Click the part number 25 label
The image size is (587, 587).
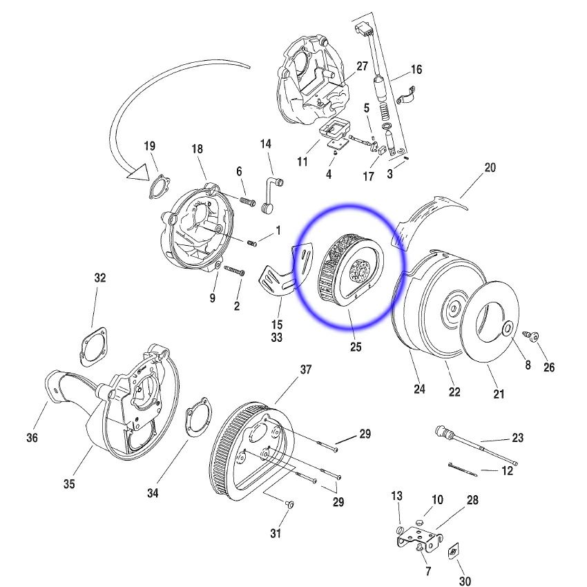click(355, 347)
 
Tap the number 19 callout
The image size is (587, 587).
click(150, 146)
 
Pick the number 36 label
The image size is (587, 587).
click(32, 437)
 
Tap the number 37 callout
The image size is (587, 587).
click(305, 370)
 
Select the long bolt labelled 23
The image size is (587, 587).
click(477, 446)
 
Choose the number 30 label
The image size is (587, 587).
click(465, 581)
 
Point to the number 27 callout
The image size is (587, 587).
click(363, 66)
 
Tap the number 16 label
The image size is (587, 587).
click(416, 70)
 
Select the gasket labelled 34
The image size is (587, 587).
click(197, 418)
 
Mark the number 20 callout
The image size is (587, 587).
click(490, 168)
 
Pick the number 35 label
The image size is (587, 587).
click(69, 484)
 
